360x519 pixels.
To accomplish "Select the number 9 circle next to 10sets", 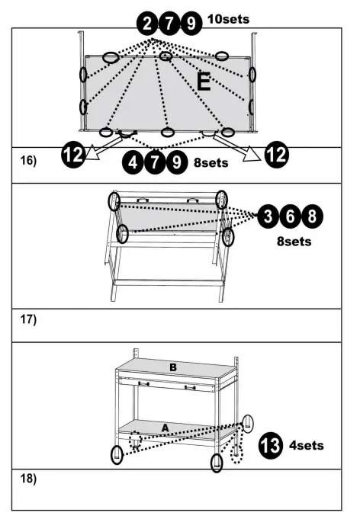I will (190, 25).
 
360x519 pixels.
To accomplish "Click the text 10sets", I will (228, 18).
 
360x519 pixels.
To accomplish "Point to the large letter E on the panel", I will (204, 83).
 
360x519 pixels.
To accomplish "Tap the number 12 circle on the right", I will (276, 156).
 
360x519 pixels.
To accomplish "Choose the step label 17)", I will (27, 319).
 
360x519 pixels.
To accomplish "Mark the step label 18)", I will (27, 479).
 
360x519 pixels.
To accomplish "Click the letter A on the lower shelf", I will (164, 428).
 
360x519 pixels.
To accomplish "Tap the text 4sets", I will (307, 444).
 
